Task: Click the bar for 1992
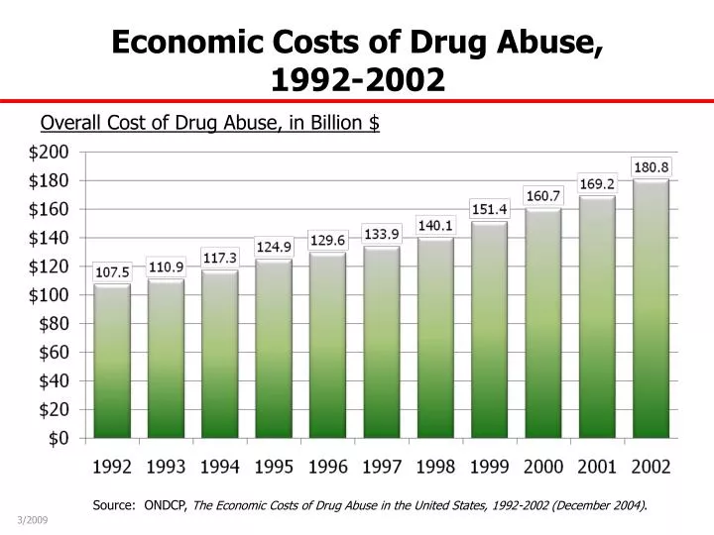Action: pos(112,362)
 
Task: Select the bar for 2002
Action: pos(651,308)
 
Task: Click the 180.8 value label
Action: pos(651,166)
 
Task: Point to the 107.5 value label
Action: pos(112,271)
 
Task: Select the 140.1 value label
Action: pos(435,225)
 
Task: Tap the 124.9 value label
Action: pos(274,246)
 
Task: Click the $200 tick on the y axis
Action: pos(49,152)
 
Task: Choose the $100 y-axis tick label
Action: pos(49,294)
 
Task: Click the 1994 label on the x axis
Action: pos(220,467)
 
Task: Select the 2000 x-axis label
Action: pos(543,467)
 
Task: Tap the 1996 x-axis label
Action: pos(328,467)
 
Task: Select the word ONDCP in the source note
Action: pos(166,504)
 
